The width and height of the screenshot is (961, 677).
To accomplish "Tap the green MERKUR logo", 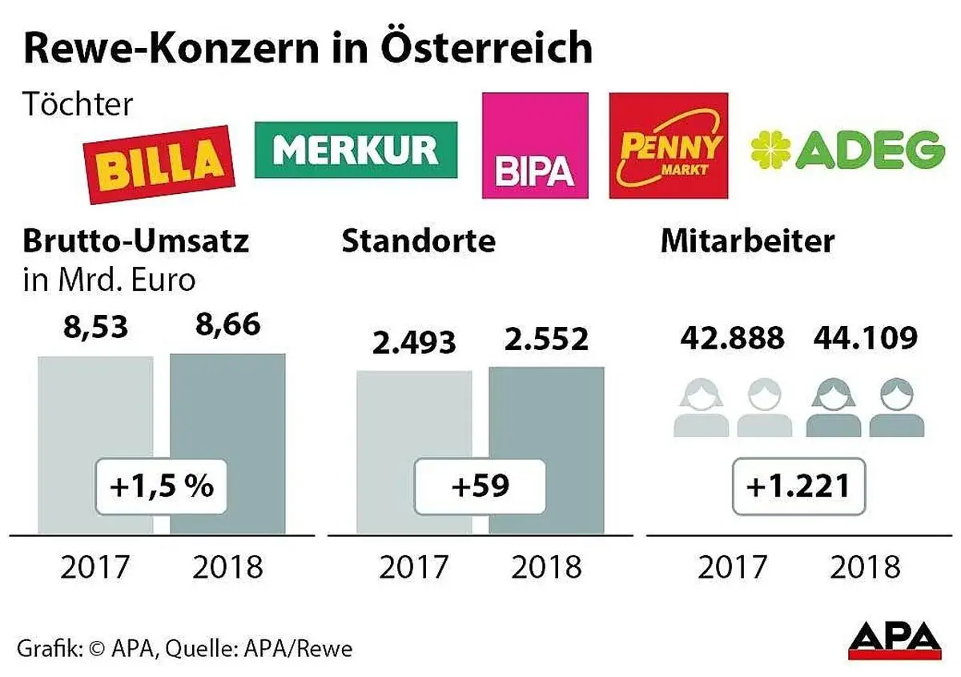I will [356, 149].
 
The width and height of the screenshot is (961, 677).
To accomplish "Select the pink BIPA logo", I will [534, 145].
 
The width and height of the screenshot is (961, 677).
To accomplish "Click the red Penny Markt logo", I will [668, 145].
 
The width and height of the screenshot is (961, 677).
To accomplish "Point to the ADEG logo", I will [847, 150].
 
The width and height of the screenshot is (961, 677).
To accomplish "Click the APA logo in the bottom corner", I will [895, 639].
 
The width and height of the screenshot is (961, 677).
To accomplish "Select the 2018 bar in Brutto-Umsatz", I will [227, 417].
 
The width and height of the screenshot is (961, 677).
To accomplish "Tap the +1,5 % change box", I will [163, 486].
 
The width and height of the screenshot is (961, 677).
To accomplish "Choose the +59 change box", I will [480, 486].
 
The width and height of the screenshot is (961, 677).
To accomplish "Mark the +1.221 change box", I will [798, 486].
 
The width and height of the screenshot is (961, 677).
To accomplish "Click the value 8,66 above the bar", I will [227, 328].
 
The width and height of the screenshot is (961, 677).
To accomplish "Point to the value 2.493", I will [413, 342].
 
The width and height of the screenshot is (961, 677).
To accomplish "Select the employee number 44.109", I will [865, 338].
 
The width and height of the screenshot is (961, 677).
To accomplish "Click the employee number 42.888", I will [732, 338].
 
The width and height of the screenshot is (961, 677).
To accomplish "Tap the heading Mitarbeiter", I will [747, 241].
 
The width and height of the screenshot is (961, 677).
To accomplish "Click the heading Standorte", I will [418, 241].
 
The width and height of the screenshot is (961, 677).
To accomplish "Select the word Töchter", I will [78, 104].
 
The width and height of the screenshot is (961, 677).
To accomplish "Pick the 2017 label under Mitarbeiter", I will [732, 567].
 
